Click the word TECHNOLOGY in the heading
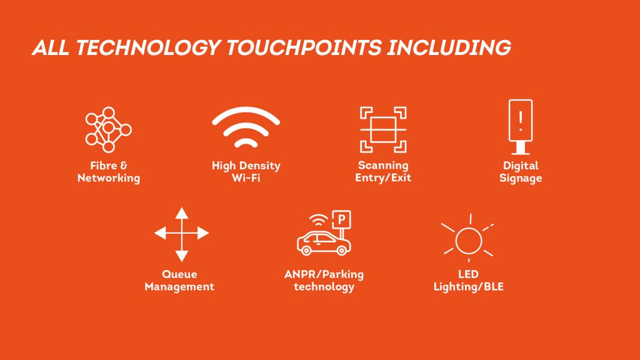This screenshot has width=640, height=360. click(148, 47)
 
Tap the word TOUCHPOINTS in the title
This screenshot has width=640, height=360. click(304, 47)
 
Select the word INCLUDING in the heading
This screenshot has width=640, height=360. click(449, 47)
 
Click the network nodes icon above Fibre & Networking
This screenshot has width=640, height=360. click(109, 130)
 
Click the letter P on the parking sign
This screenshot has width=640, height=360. click(341, 219)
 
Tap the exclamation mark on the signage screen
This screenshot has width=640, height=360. click(521, 121)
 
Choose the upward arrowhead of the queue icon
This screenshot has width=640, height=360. click(182, 213)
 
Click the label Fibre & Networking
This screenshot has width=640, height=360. click(109, 172)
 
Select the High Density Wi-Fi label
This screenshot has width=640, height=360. click(246, 172)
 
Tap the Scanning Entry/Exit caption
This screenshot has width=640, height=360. click(383, 171)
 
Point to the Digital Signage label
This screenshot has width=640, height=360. click(521, 172)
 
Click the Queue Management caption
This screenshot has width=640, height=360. click(179, 280)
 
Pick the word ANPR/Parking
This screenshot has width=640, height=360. click(324, 274)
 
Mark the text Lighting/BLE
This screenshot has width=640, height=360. click(468, 287)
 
